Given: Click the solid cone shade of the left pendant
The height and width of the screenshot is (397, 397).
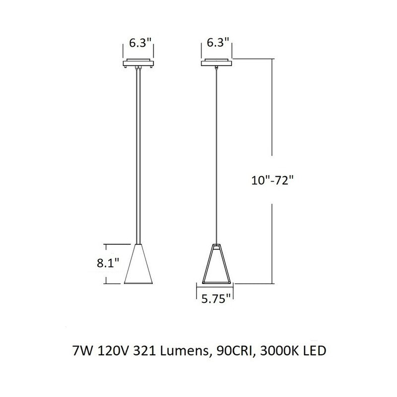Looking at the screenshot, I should [x=138, y=265].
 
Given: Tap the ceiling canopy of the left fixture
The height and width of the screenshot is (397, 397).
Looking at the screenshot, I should [x=138, y=64].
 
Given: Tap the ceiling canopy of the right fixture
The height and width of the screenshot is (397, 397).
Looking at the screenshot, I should [x=216, y=63].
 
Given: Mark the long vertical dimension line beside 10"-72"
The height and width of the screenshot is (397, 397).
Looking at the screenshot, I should [x=272, y=124].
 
